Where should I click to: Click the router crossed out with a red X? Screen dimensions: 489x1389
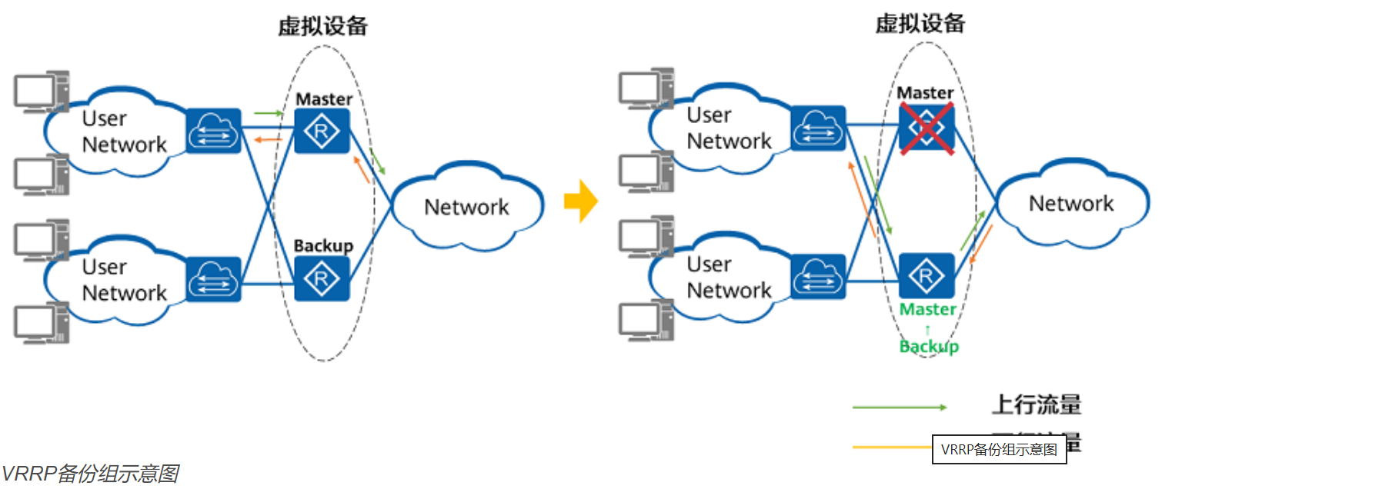(927, 128)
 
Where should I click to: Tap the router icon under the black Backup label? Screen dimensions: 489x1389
(322, 278)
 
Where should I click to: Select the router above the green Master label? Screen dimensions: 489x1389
(927, 275)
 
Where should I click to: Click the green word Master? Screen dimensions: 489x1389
(928, 309)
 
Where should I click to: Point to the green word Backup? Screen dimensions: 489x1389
(929, 346)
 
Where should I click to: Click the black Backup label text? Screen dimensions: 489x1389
(323, 245)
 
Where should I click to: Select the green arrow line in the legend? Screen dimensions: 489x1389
(899, 407)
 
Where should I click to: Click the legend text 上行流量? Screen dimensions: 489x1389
(1036, 404)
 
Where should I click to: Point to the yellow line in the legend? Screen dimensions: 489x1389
(891, 447)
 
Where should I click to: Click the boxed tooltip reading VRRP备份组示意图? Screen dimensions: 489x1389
(999, 449)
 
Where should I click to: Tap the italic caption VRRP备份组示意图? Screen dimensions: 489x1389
(91, 474)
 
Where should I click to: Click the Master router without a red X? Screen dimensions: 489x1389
(322, 131)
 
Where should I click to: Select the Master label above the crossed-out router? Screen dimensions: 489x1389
(925, 92)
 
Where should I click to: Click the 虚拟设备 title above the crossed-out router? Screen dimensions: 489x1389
(920, 24)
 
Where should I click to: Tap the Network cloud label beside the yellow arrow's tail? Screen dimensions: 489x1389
(466, 207)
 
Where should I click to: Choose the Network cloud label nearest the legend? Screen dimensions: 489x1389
(1071, 203)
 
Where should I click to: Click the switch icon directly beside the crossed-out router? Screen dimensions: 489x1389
(818, 128)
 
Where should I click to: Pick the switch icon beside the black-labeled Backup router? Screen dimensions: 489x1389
(214, 278)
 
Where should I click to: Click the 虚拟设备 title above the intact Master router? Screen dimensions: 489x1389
(322, 26)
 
